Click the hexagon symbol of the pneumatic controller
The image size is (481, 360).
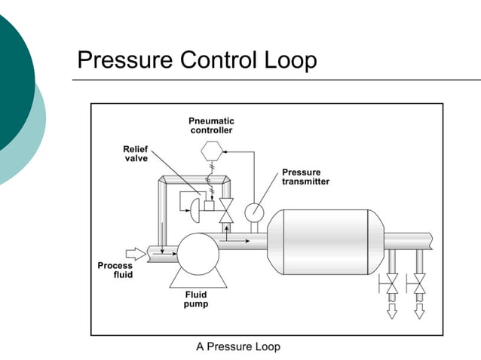pyautogui.click(x=211, y=151)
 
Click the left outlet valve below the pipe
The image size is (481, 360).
pyautogui.click(x=391, y=285)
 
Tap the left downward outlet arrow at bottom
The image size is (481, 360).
pyautogui.click(x=391, y=310)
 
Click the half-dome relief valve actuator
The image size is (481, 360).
pyautogui.click(x=195, y=206)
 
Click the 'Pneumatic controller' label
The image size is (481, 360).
pyautogui.click(x=211, y=125)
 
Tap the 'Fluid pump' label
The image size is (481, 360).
pyautogui.click(x=197, y=300)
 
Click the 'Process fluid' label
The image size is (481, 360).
pyautogui.click(x=115, y=270)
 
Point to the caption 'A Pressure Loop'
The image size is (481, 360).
pyautogui.click(x=238, y=346)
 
